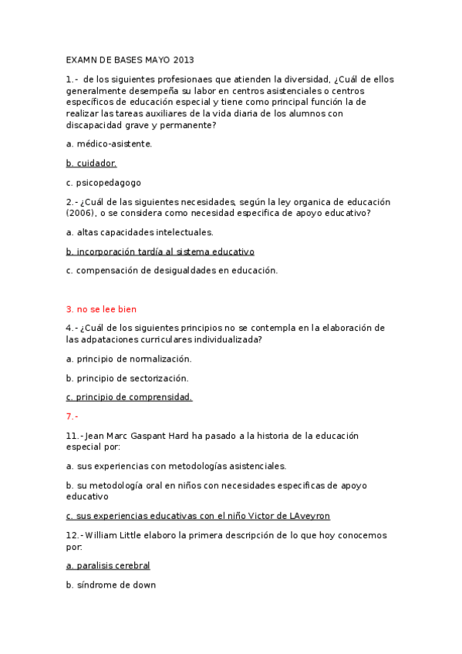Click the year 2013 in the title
[184, 59]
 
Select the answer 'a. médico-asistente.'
[109, 143]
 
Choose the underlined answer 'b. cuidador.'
[91, 163]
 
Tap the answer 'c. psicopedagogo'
[103, 183]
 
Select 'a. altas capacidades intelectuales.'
[129, 232]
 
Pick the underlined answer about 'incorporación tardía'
[160, 251]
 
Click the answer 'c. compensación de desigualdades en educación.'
[171, 271]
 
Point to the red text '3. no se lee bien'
[101, 309]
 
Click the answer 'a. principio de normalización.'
[128, 359]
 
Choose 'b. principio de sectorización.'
[126, 378]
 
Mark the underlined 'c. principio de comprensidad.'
[129, 397]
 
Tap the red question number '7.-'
[73, 416]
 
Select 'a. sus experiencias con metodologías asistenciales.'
[176, 466]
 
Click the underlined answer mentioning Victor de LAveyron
[198, 516]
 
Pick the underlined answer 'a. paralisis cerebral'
[108, 565]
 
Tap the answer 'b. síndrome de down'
[111, 585]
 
